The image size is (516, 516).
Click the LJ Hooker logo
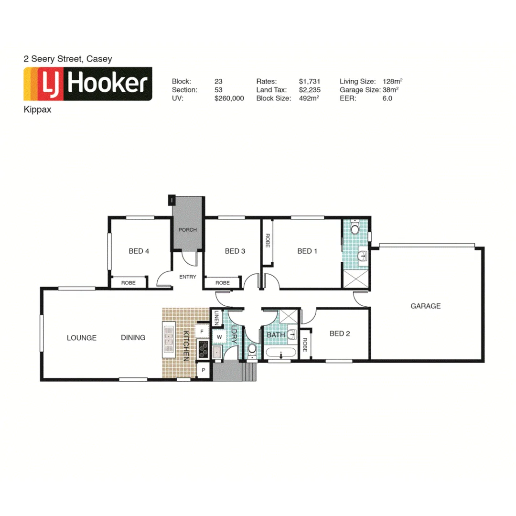pyautogui.click(x=88, y=84)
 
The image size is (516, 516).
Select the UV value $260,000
pyautogui.click(x=229, y=98)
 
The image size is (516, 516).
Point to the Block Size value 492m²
pyautogui.click(x=310, y=98)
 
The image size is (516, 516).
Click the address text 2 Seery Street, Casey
pyautogui.click(x=68, y=59)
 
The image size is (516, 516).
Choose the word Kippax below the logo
pyautogui.click(x=37, y=109)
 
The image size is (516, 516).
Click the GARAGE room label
pyautogui.click(x=425, y=306)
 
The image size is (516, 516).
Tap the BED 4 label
pyautogui.click(x=139, y=251)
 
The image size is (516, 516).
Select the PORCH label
pyautogui.click(x=188, y=230)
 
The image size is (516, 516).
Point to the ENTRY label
pyautogui.click(x=188, y=277)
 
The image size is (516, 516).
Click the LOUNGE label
pyautogui.click(x=82, y=338)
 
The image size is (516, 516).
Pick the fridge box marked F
pyautogui.click(x=202, y=331)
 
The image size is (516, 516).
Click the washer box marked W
pyautogui.click(x=219, y=337)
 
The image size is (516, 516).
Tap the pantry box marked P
pyautogui.click(x=204, y=371)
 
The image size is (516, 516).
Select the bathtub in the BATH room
pyautogui.click(x=280, y=354)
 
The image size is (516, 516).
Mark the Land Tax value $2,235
pyautogui.click(x=310, y=90)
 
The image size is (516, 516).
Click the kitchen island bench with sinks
pyautogui.click(x=169, y=340)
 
